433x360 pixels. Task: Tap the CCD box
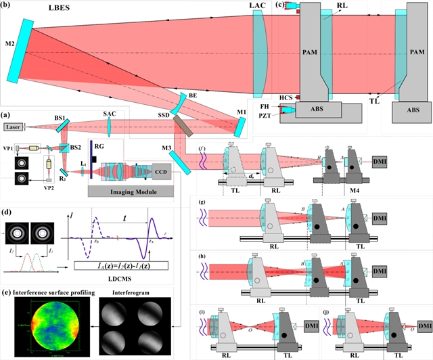[x=163, y=171]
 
